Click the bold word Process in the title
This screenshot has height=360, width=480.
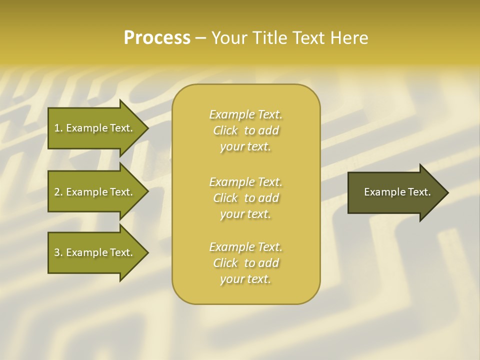157,38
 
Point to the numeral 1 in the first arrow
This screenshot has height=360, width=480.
57,128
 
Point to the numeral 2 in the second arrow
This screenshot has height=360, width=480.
57,192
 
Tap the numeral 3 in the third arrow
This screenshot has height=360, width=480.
57,252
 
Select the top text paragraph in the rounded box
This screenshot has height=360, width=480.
245,130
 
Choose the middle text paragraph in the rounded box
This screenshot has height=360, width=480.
245,197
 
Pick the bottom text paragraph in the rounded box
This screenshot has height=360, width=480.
245,263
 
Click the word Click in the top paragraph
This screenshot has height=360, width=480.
225,130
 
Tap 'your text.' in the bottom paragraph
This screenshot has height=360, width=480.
245,279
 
